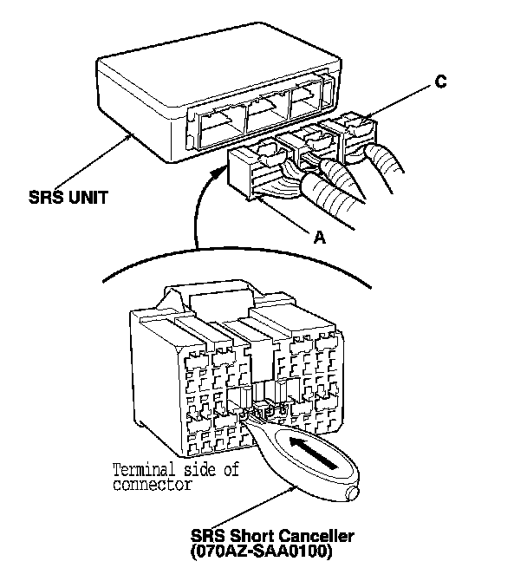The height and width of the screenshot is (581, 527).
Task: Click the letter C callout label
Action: point(440,82)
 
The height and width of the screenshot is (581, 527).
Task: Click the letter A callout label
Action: point(319,237)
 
